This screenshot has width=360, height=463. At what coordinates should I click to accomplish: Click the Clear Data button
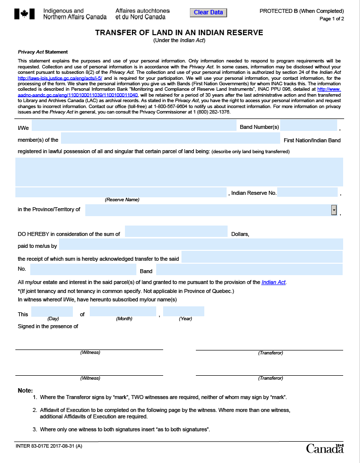(208, 12)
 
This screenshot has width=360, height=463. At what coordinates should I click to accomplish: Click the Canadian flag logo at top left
(24, 14)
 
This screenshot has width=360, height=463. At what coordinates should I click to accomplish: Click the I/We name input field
(134, 126)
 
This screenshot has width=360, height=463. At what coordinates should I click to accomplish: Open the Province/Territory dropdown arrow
(334, 210)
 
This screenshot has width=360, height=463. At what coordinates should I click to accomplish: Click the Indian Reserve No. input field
(307, 192)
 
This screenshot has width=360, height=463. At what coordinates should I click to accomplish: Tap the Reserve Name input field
(121, 192)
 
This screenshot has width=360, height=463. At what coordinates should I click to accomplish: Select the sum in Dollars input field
(176, 231)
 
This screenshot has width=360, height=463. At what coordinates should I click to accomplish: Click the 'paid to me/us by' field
(201, 244)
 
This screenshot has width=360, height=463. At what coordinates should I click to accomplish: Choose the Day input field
(52, 312)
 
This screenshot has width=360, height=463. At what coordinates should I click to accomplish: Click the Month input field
(123, 312)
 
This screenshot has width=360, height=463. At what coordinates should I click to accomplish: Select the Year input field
(184, 312)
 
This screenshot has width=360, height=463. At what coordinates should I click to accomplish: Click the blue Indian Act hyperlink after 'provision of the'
(274, 283)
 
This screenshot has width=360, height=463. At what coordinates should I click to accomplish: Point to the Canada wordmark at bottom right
(325, 449)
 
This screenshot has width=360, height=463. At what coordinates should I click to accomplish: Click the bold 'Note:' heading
(25, 391)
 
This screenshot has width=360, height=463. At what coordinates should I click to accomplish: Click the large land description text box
(179, 172)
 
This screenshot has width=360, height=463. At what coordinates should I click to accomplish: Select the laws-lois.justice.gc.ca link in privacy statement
(60, 78)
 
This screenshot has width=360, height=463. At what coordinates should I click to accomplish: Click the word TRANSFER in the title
(119, 33)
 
